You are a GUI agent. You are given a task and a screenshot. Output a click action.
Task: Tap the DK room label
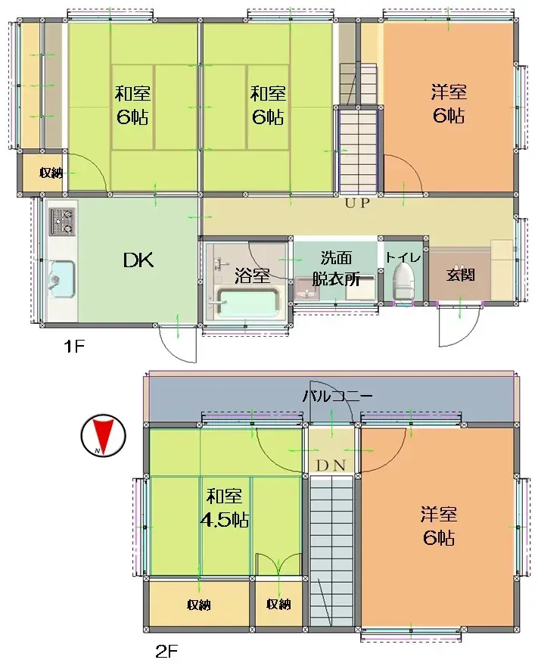[138, 261]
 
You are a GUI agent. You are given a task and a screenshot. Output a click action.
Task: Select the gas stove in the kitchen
[62, 220]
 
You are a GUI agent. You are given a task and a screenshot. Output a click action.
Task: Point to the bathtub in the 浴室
[247, 303]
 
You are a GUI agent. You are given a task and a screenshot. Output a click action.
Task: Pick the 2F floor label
[166, 649]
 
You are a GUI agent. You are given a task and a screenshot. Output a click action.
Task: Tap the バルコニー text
[337, 395]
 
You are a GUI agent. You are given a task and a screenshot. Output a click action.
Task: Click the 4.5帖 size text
[225, 521]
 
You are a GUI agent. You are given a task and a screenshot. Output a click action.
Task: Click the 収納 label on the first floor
[51, 173]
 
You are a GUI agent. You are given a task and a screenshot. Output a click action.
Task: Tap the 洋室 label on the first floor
[448, 92]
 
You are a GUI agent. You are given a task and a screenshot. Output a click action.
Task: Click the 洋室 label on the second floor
[439, 515]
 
